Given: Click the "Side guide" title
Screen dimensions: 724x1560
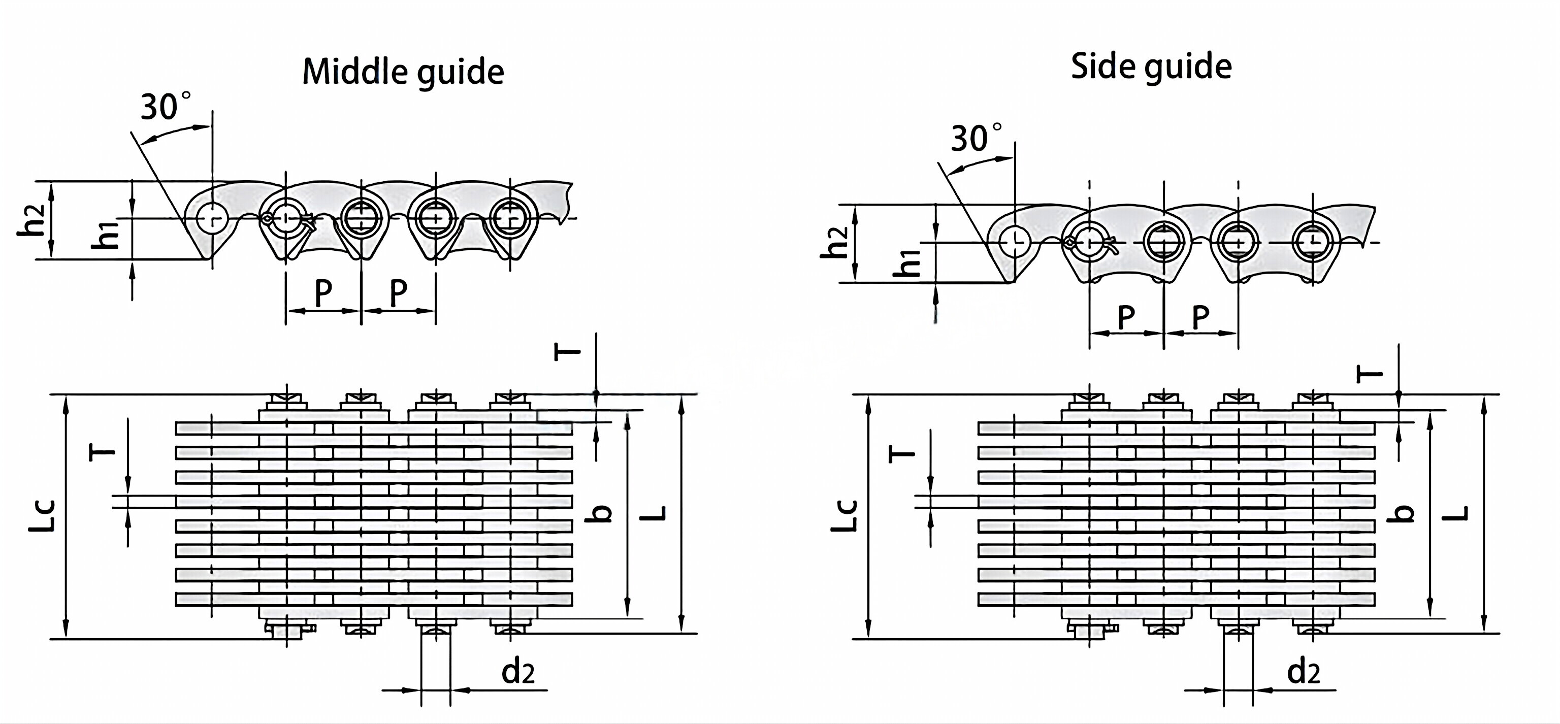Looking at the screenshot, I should click(1151, 67).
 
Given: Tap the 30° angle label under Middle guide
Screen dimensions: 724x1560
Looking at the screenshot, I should click(165, 107).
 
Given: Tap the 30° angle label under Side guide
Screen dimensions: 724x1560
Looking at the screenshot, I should click(975, 139).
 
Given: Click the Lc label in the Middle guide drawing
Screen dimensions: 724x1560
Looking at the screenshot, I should click(42, 516).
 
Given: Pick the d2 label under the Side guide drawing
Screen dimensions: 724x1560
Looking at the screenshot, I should click(1303, 672).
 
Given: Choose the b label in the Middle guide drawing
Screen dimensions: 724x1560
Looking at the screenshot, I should click(600, 513).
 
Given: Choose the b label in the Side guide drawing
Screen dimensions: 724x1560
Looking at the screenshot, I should click(1403, 513).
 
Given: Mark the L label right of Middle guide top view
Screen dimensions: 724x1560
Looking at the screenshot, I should click(654, 513).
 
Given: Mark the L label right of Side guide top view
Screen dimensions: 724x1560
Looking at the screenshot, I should click(1457, 513).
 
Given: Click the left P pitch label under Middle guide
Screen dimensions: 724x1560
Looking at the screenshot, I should click(323, 293).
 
